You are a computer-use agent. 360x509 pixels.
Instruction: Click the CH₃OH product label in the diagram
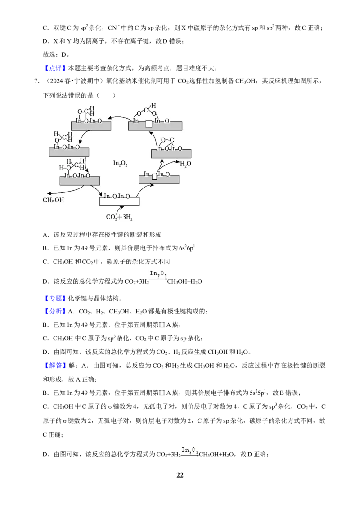point(53,200)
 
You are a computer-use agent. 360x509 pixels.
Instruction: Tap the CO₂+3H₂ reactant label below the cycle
point(119,217)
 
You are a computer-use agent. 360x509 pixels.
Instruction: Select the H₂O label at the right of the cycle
point(185,164)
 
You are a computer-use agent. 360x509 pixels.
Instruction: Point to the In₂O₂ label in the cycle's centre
point(120,163)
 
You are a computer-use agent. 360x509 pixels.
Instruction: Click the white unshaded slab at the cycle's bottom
point(119,201)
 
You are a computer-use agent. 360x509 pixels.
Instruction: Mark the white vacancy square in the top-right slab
point(149,124)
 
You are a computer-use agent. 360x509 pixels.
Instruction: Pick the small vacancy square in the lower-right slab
point(154,177)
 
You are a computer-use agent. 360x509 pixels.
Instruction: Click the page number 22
point(180,475)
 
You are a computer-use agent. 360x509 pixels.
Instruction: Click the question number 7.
point(37,81)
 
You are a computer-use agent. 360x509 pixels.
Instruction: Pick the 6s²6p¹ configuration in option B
point(187,248)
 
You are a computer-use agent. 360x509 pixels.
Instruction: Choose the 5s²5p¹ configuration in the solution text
point(258,393)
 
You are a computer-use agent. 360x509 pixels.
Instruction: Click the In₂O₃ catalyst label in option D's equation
point(158,274)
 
